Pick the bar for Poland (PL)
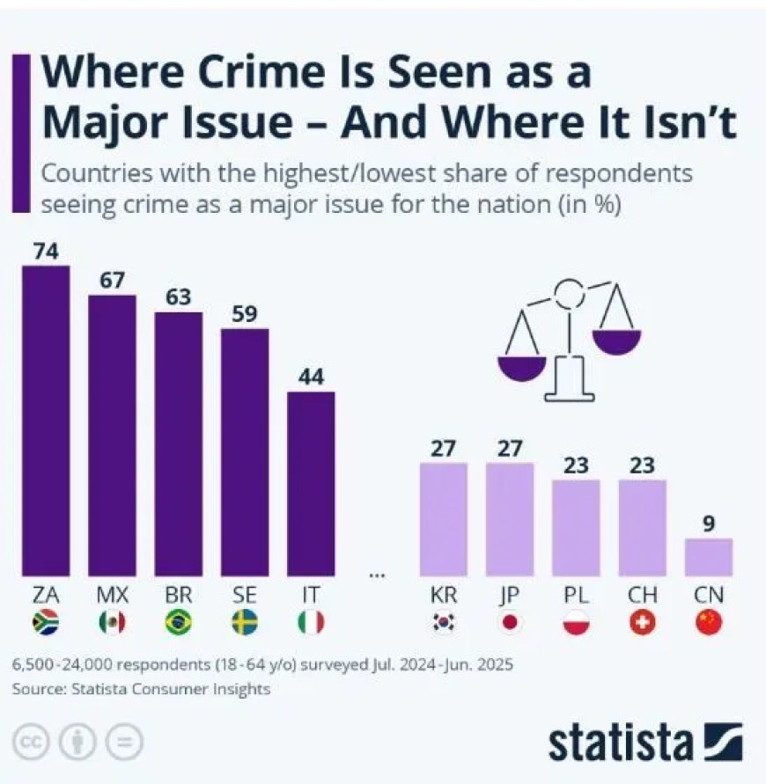[576, 526]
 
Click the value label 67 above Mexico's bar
[112, 280]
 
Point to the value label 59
[244, 314]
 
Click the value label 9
[709, 523]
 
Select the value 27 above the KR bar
[443, 447]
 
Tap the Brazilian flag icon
[178, 623]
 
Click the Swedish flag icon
[244, 623]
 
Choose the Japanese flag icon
[510, 623]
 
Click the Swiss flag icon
[642, 623]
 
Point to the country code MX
[112, 594]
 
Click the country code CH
[642, 594]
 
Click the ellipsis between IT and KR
[377, 575]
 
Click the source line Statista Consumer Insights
[141, 690]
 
